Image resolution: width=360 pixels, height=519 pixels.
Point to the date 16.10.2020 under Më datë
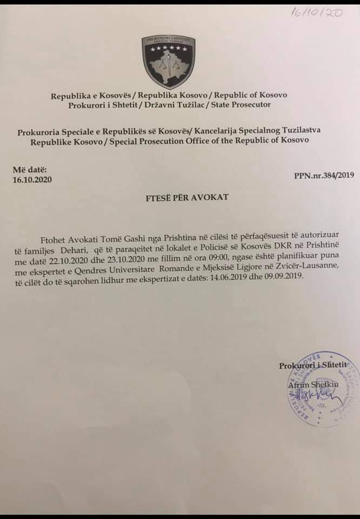coord(32,179)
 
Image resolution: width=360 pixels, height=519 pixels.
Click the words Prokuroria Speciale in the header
coord(53,131)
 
